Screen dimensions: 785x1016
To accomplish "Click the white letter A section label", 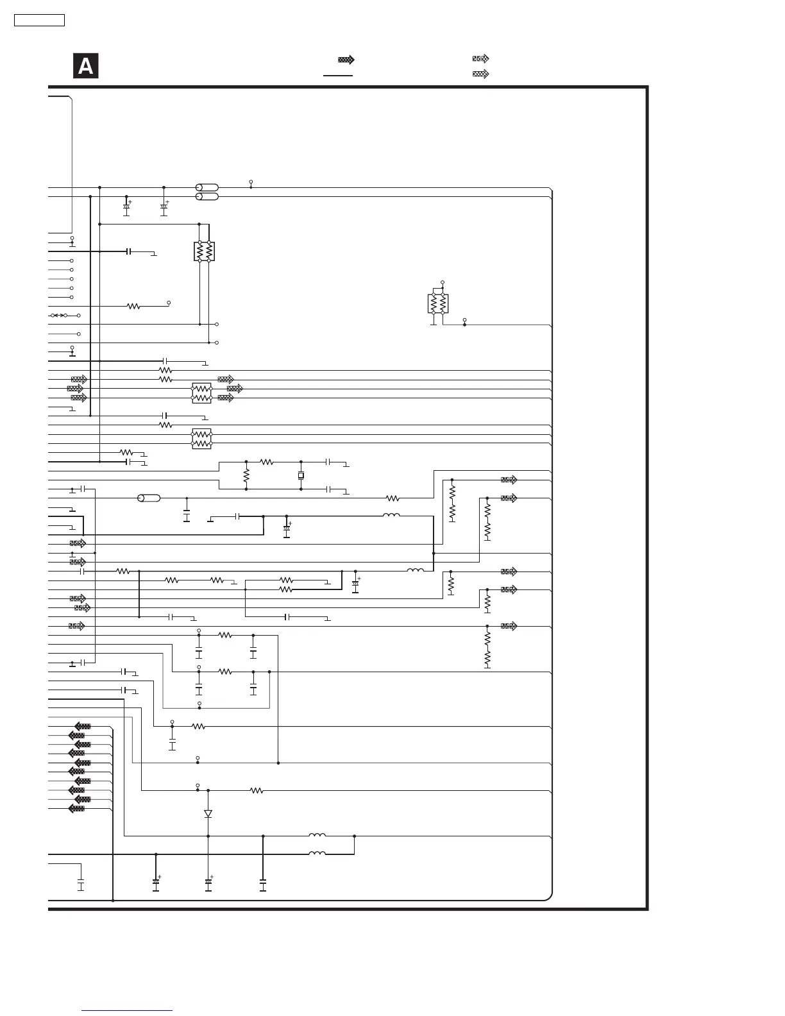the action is click(x=85, y=67).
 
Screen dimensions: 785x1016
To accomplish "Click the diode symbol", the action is click(x=208, y=813).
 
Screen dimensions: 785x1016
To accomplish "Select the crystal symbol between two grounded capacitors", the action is click(x=301, y=475).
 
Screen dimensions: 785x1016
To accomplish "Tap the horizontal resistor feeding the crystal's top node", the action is click(x=267, y=462).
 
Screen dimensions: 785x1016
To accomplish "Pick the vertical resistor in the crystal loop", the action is click(x=246, y=476).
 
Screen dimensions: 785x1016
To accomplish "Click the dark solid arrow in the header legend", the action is click(x=346, y=60).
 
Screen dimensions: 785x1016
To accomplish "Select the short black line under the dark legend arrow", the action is click(x=338, y=75).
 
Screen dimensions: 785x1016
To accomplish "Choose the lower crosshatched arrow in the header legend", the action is click(x=480, y=74).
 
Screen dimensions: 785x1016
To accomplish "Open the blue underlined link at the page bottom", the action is click(x=127, y=1011).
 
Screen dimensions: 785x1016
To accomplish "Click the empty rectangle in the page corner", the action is click(x=39, y=21).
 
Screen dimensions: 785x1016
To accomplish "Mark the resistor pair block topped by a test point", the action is click(x=438, y=303).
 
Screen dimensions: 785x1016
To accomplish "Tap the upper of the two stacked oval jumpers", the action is click(x=207, y=187).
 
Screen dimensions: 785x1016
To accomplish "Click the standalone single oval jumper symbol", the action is click(x=149, y=498).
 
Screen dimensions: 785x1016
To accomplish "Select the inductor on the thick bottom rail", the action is click(x=317, y=854).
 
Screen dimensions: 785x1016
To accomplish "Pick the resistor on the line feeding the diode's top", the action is click(x=257, y=791).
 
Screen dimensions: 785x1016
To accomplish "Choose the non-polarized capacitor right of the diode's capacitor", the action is click(x=263, y=884).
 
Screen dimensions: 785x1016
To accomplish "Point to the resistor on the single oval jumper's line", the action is click(x=393, y=498).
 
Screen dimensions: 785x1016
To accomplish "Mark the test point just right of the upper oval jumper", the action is click(x=251, y=183).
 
